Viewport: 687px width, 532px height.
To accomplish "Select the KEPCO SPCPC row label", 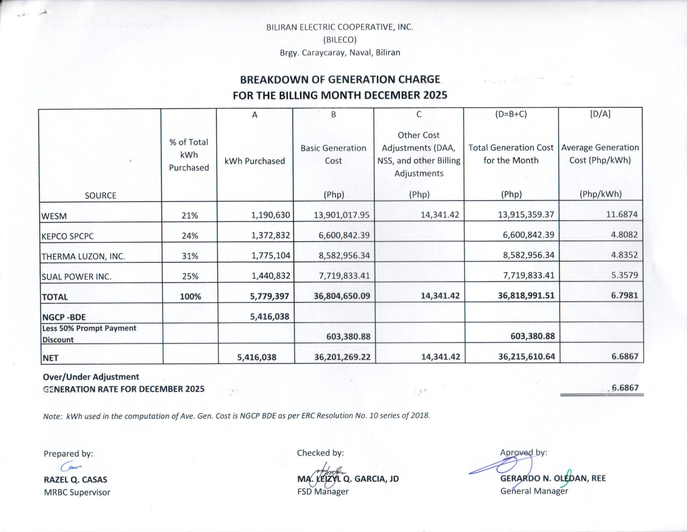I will [68, 236].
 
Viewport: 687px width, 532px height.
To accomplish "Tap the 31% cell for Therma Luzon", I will [190, 256].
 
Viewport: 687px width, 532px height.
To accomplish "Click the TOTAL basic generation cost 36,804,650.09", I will [342, 296].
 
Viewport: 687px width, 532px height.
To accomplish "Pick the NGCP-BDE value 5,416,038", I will [270, 316].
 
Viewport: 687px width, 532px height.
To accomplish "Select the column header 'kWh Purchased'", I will [254, 161].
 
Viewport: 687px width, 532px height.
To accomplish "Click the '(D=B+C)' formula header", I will [511, 114].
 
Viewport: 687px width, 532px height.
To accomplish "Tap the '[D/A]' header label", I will [600, 114].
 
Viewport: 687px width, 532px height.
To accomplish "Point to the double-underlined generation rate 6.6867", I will [625, 388].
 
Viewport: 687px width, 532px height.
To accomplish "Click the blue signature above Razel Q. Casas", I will [71, 466].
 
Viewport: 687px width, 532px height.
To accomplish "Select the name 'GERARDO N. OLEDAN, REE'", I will [553, 479].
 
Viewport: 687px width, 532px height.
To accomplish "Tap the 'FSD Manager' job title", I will [323, 491].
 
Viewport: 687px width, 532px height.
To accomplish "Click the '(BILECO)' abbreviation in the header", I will [340, 40].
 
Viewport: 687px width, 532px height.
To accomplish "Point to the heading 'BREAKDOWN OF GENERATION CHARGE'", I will [340, 79].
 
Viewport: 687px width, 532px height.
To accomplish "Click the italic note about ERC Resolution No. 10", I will [236, 416].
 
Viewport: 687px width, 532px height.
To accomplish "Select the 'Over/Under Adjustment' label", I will [91, 377].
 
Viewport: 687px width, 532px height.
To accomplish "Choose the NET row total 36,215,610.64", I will [527, 357].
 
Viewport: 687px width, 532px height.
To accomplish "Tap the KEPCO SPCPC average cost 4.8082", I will [624, 235].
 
